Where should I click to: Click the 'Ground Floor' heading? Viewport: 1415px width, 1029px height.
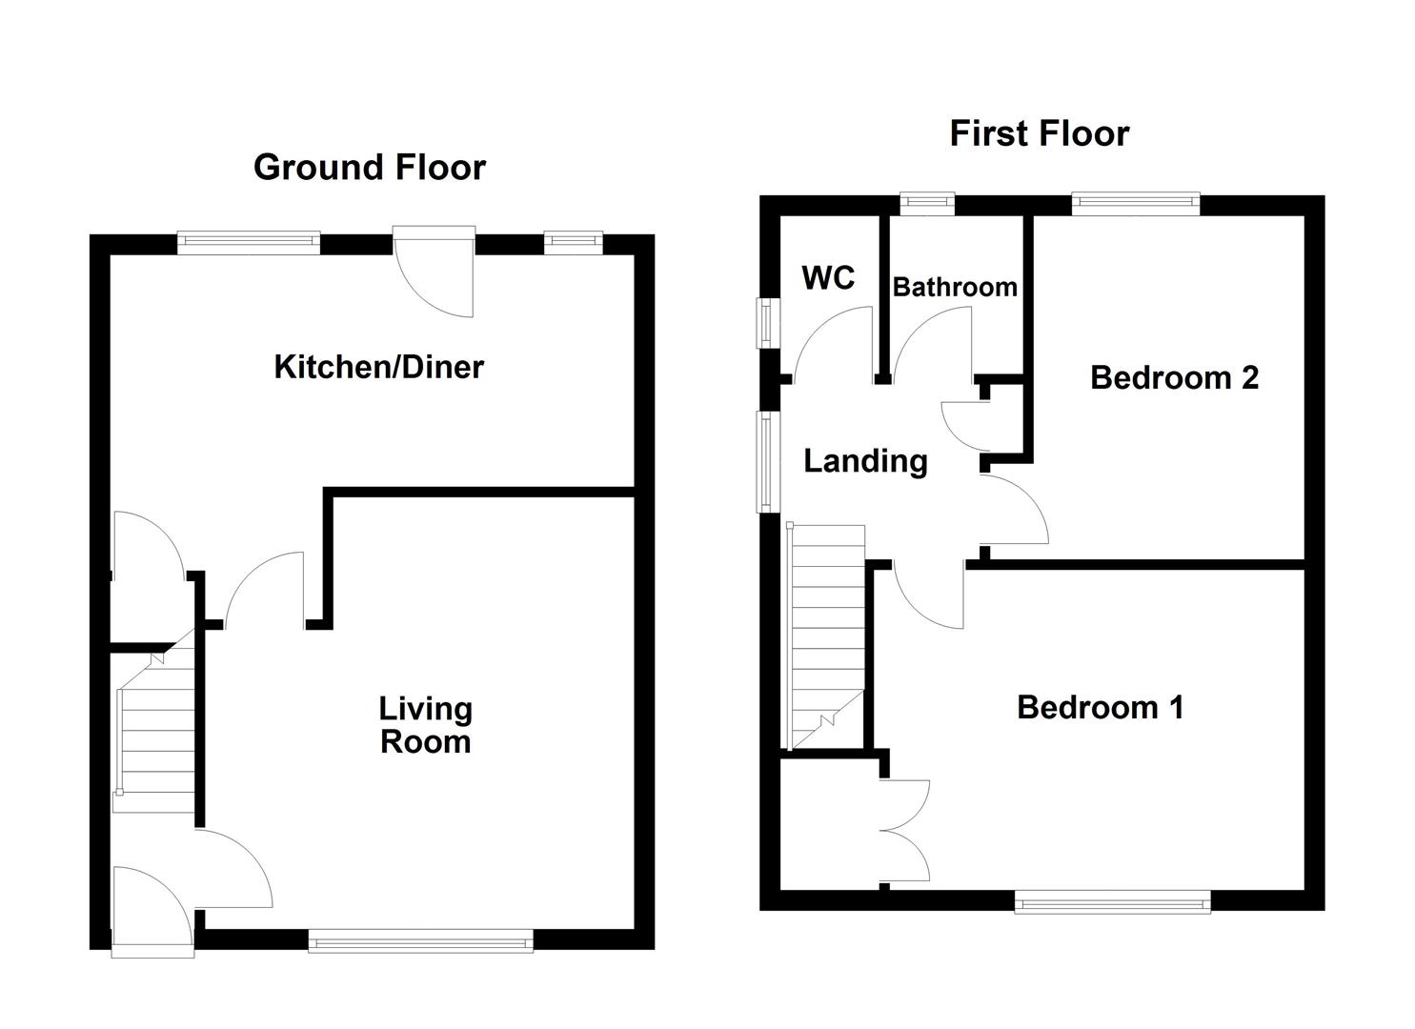click(x=370, y=168)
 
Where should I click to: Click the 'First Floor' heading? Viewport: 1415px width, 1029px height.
click(x=1039, y=133)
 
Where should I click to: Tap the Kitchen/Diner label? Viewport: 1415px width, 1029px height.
click(x=378, y=367)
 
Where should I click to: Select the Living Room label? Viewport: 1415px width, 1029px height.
click(x=425, y=725)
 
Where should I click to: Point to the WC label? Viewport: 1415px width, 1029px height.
click(x=828, y=278)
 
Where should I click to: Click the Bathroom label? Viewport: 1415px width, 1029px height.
click(x=955, y=287)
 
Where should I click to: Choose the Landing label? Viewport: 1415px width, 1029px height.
click(x=865, y=461)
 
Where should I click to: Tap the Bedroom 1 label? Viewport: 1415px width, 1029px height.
click(x=1100, y=708)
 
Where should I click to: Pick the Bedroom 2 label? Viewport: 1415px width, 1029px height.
click(x=1174, y=378)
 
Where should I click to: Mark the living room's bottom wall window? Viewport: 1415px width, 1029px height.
click(x=420, y=941)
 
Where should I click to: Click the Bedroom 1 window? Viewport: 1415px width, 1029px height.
click(x=1112, y=900)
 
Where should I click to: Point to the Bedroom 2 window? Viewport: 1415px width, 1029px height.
click(x=1135, y=203)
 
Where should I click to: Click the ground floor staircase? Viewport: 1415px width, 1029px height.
click(x=155, y=734)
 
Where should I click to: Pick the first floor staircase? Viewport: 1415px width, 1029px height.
click(x=825, y=638)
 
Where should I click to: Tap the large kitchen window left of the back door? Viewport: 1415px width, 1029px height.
click(x=249, y=242)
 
